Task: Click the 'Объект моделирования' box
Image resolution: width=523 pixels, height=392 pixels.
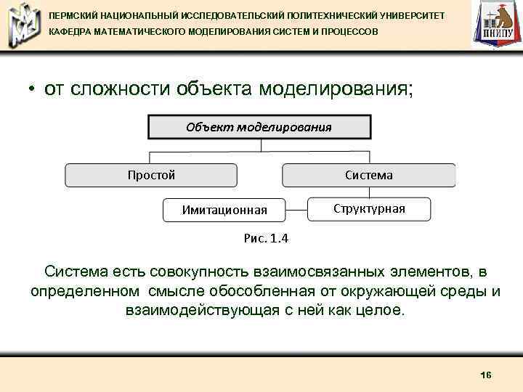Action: tap(259, 127)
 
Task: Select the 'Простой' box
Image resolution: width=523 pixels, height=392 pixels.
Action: tap(151, 175)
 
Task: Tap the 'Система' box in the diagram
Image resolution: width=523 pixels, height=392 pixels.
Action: tap(368, 175)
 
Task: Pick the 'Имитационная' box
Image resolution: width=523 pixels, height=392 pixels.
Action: tap(224, 210)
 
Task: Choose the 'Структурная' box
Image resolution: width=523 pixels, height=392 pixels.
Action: tap(369, 209)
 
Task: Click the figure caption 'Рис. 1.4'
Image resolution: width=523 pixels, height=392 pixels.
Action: tap(265, 237)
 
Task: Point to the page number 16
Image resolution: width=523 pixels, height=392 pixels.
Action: tap(486, 375)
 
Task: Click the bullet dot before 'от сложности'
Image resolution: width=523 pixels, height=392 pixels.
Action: tap(33, 90)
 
